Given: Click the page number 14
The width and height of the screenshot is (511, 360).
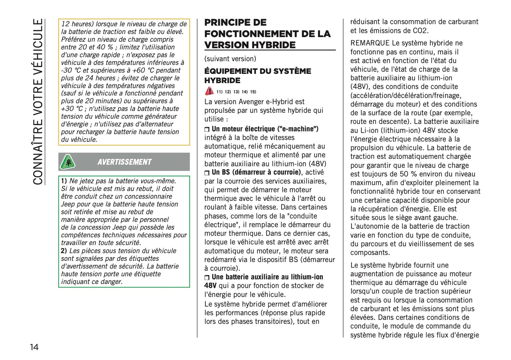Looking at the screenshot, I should point(34,347).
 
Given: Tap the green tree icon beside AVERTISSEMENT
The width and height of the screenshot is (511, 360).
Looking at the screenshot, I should point(68,162).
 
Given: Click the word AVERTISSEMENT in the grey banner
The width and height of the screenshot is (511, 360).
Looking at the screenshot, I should point(124,162).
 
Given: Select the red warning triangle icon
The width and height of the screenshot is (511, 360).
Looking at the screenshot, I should point(209,91).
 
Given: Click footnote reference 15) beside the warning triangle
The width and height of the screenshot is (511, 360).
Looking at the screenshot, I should point(253,92).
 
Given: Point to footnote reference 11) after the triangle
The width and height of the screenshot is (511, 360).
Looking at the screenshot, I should point(220,92).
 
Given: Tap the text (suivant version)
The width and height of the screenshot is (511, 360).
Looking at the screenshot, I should point(230,59).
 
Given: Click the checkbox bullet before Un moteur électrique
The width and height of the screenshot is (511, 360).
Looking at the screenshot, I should point(207,130).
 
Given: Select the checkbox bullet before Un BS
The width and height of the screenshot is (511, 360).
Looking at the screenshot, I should point(207,173).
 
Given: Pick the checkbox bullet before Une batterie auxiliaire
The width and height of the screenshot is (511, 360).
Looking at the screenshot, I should point(207,278).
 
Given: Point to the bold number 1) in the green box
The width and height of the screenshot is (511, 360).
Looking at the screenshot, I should point(64,181).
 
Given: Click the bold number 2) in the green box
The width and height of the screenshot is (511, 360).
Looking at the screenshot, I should point(64,251).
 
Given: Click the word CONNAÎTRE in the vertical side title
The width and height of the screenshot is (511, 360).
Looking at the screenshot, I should point(38,152).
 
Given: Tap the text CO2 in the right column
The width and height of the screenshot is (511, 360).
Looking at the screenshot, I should point(420,30).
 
